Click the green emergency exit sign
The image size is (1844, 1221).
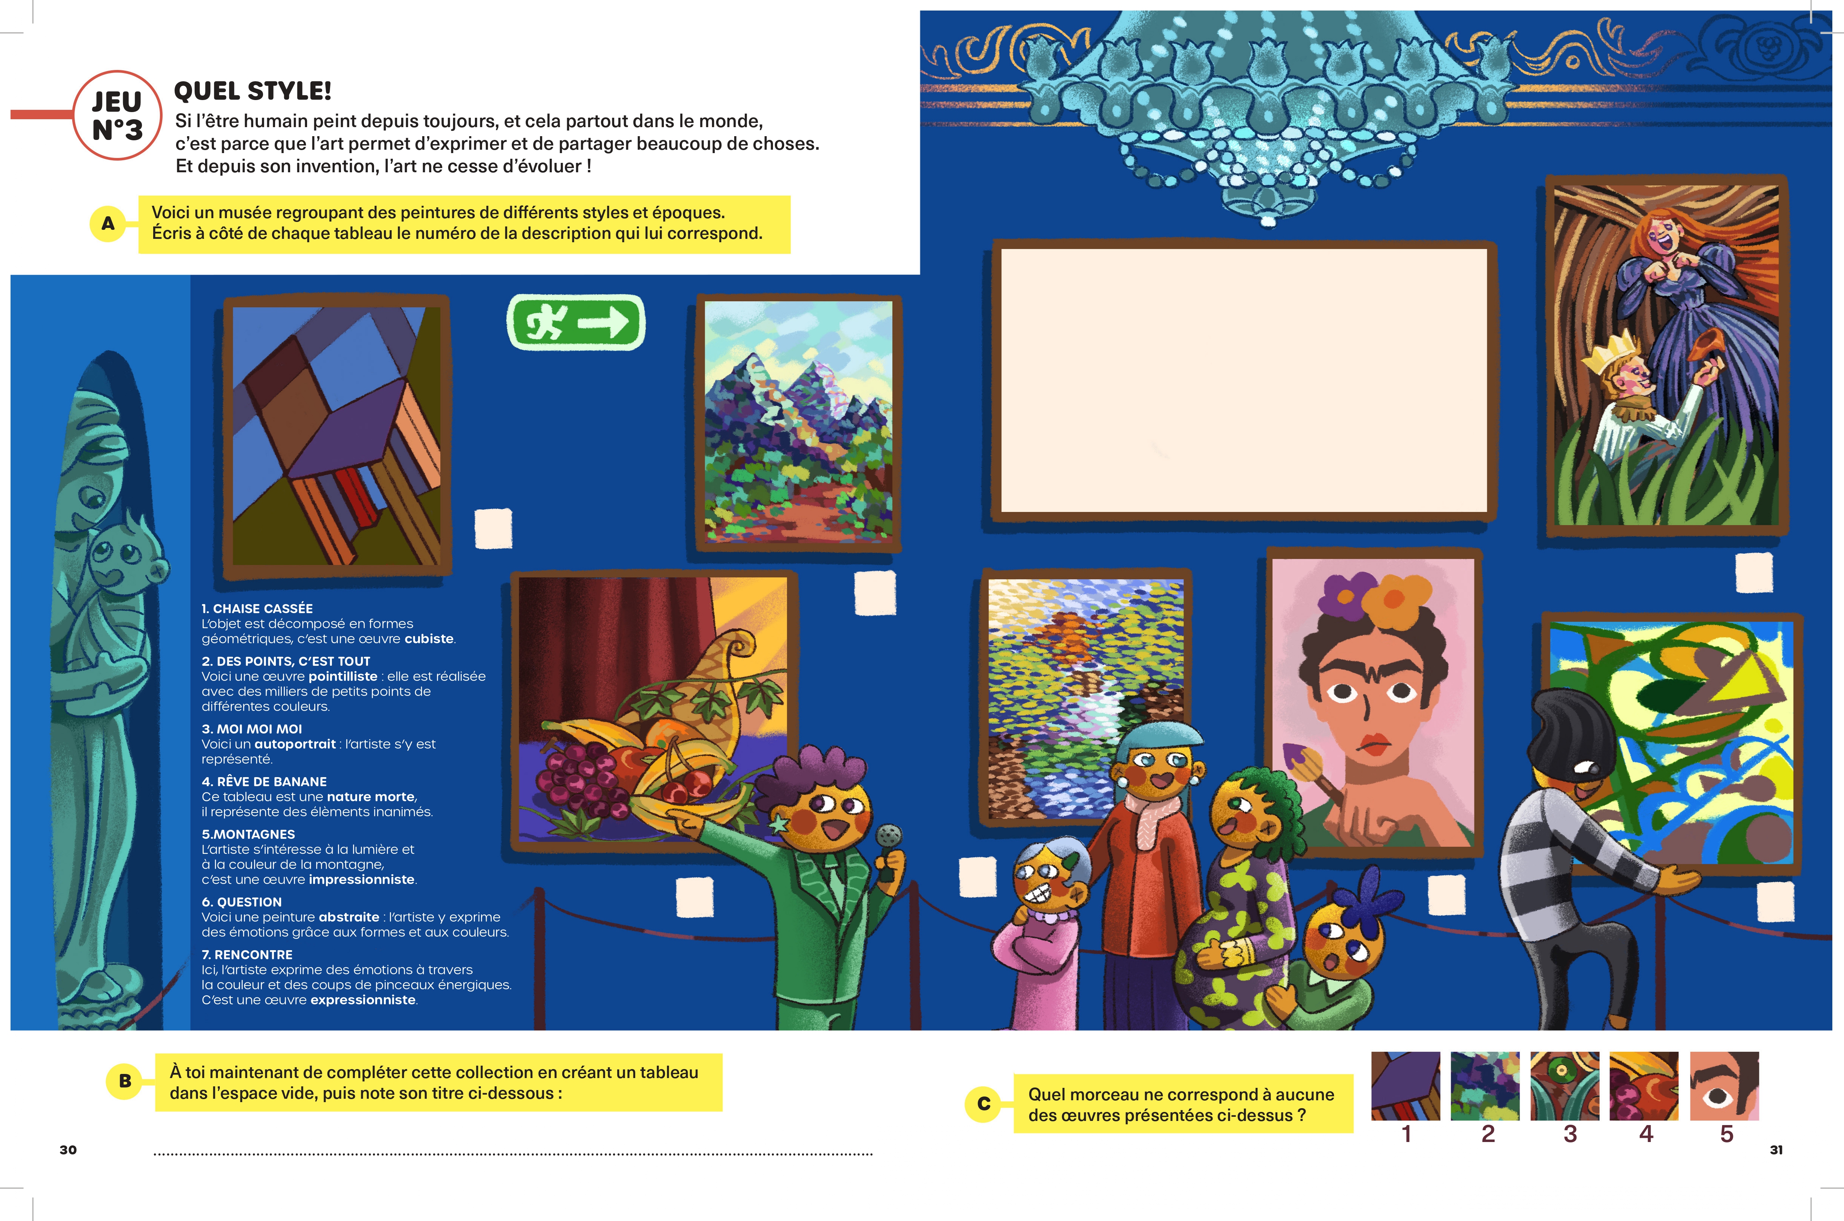pos(576,322)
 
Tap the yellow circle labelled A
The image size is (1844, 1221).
pos(108,223)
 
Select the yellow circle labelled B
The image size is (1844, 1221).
pos(125,1081)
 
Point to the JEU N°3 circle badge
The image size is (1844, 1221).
pos(117,115)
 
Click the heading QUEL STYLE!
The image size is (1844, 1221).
pos(253,91)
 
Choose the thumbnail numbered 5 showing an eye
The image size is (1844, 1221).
pos(1724,1086)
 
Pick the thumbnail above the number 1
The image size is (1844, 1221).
pos(1406,1086)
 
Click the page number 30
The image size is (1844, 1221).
pos(68,1150)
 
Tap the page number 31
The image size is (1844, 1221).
pos(1776,1150)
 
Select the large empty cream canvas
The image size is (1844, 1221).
pos(1243,381)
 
